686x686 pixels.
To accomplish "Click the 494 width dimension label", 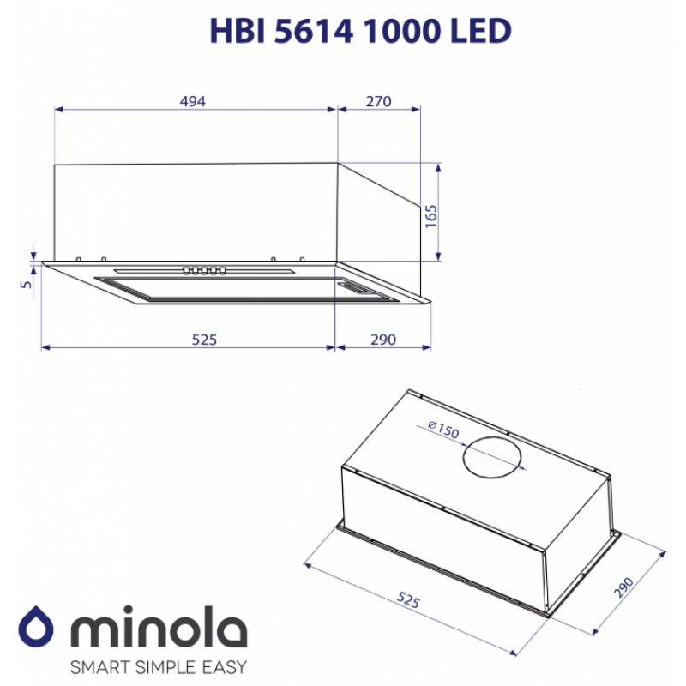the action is (x=192, y=101).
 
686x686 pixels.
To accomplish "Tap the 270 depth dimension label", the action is (x=378, y=101).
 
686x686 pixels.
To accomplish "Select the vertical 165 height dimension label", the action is (x=431, y=216).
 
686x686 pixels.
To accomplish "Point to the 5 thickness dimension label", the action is (x=27, y=285).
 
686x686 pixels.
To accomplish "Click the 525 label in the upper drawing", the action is (x=204, y=340).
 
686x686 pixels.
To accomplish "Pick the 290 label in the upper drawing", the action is (x=383, y=340).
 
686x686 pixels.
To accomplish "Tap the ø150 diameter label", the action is (x=443, y=430).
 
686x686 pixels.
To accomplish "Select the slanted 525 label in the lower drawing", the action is (x=408, y=599).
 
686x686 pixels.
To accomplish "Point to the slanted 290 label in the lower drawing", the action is (x=623, y=587).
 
